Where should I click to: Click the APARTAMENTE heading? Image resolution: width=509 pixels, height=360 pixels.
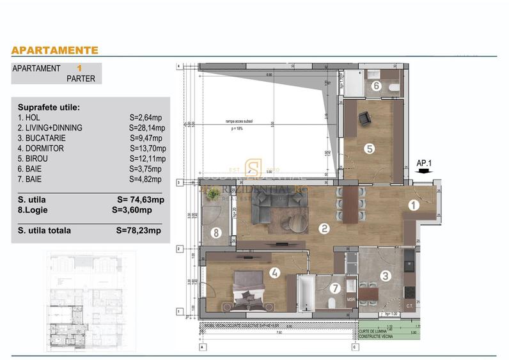tap(55, 50)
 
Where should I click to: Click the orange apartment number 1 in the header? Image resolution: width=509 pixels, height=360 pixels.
tap(79, 68)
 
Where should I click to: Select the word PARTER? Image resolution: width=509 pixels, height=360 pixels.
tap(81, 79)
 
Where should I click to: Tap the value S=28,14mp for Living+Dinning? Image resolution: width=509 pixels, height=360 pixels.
tap(147, 128)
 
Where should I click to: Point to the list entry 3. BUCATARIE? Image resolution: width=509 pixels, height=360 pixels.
tap(42, 138)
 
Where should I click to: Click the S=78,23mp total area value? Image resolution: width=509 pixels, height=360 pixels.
tap(139, 231)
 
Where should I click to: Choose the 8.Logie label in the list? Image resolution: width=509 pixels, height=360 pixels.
tap(35, 210)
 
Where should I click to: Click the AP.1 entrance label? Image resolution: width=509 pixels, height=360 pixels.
tap(424, 163)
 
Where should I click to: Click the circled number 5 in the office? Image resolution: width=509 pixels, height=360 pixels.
tap(369, 148)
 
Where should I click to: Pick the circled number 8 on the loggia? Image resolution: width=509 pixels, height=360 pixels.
tap(217, 233)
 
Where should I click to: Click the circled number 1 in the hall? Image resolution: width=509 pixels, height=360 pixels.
tap(414, 205)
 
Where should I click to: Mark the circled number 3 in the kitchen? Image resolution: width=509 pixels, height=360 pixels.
tap(386, 276)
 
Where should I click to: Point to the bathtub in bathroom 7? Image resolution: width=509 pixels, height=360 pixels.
tap(305, 293)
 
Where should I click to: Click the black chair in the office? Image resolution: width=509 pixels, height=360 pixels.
tap(364, 118)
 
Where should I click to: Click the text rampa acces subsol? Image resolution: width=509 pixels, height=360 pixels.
tap(240, 121)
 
